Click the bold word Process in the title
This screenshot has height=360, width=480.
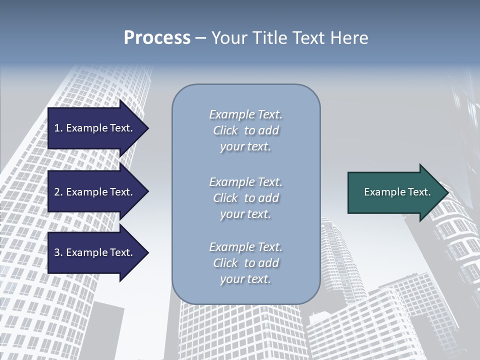click(157, 38)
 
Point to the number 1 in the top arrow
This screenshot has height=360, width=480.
click(56, 128)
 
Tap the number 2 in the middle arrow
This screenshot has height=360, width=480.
click(57, 192)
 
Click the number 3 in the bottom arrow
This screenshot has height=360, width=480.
click(57, 252)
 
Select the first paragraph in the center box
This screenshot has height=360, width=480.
click(245, 130)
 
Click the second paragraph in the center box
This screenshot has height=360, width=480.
click(245, 198)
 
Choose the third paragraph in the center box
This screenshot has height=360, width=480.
click(245, 263)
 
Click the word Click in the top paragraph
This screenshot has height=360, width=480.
click(225, 130)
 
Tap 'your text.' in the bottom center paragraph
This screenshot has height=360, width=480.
click(245, 279)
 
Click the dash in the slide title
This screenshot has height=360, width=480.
click(200, 38)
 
